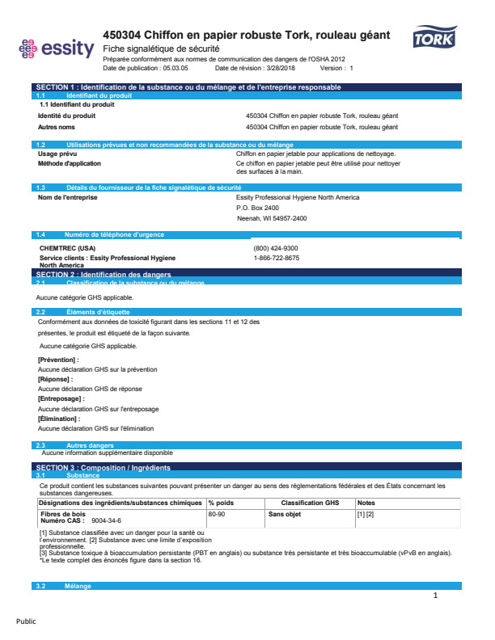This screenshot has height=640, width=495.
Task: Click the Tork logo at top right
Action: [435, 38]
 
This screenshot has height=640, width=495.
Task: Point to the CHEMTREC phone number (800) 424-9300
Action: [275, 248]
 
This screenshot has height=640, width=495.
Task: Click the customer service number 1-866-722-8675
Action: [276, 258]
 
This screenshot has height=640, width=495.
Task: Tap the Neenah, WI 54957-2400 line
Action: [271, 218]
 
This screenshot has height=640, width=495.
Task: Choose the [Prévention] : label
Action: [58, 359]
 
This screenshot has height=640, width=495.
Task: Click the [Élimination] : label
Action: [59, 419]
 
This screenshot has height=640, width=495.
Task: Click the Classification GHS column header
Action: [310, 503]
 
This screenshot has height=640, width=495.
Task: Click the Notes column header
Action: [366, 503]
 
